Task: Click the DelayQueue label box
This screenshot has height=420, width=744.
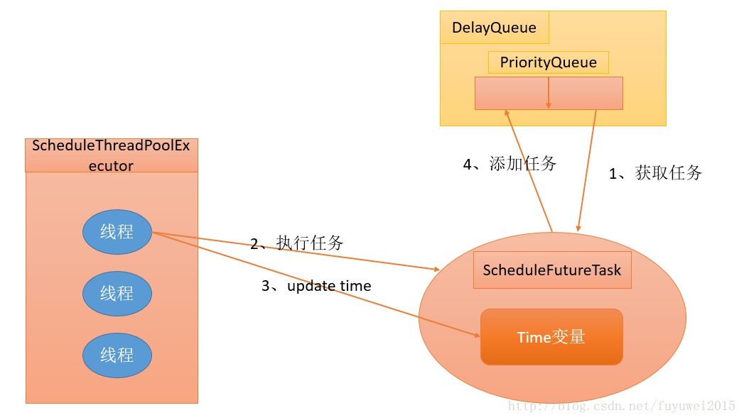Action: pos(494,28)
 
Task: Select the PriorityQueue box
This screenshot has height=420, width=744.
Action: pos(548,62)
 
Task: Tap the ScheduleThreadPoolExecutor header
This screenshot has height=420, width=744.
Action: pos(112,155)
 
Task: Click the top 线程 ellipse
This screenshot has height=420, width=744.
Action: pos(117,232)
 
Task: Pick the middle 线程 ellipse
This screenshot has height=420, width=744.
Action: pos(117,293)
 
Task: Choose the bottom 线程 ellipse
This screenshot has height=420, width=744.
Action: pos(117,355)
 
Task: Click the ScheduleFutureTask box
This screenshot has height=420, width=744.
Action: pos(551,270)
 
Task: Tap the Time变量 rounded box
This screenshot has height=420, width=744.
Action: pos(551,337)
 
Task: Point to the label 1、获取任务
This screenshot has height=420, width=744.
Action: pos(655,172)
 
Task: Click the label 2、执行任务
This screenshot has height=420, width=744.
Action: pos(296,243)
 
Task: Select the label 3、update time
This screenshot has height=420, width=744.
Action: pos(316,286)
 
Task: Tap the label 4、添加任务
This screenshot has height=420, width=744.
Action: pos(510,164)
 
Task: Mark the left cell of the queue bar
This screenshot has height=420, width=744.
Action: pos(512,93)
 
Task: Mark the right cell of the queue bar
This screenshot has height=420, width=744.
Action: pos(586,93)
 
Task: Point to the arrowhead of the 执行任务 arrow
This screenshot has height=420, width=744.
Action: pos(436,269)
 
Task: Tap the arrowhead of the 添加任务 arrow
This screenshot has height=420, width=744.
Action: pos(507,113)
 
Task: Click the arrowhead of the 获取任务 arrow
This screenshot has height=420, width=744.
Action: pos(578,227)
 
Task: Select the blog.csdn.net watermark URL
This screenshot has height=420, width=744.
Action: pos(621,407)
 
